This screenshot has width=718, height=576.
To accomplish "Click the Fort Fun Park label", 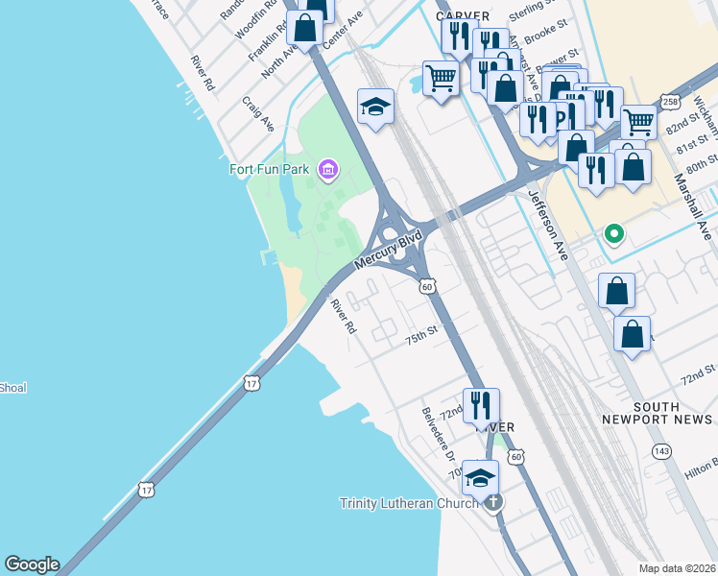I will pos(269,170).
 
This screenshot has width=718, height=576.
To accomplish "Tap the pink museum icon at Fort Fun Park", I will pos(327,170).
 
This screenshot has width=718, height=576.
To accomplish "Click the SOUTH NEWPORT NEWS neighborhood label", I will pos(658,413).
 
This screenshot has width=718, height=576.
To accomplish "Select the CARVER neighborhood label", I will pos(463,16).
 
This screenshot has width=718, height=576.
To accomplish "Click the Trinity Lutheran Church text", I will pos(409,503).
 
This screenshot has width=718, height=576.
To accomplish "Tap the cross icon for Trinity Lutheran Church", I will pos(493,502).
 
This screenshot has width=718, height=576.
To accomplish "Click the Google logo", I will pos(32,564).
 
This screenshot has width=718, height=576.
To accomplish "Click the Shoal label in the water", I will pos(12,388).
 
